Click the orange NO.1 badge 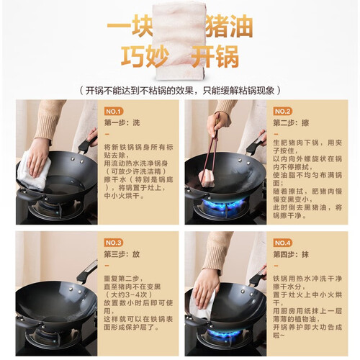click(114, 112)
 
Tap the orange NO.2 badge click(282, 112)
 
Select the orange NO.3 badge click(114, 243)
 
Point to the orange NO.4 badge click(282, 243)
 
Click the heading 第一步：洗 click(122, 123)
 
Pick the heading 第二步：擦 click(291, 123)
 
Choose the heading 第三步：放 click(122, 254)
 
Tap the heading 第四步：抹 click(291, 254)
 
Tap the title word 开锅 click(215, 57)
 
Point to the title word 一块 click(130, 27)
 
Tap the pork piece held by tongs click(207, 178)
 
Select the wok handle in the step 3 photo click(87, 271)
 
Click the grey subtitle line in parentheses click(180, 91)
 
